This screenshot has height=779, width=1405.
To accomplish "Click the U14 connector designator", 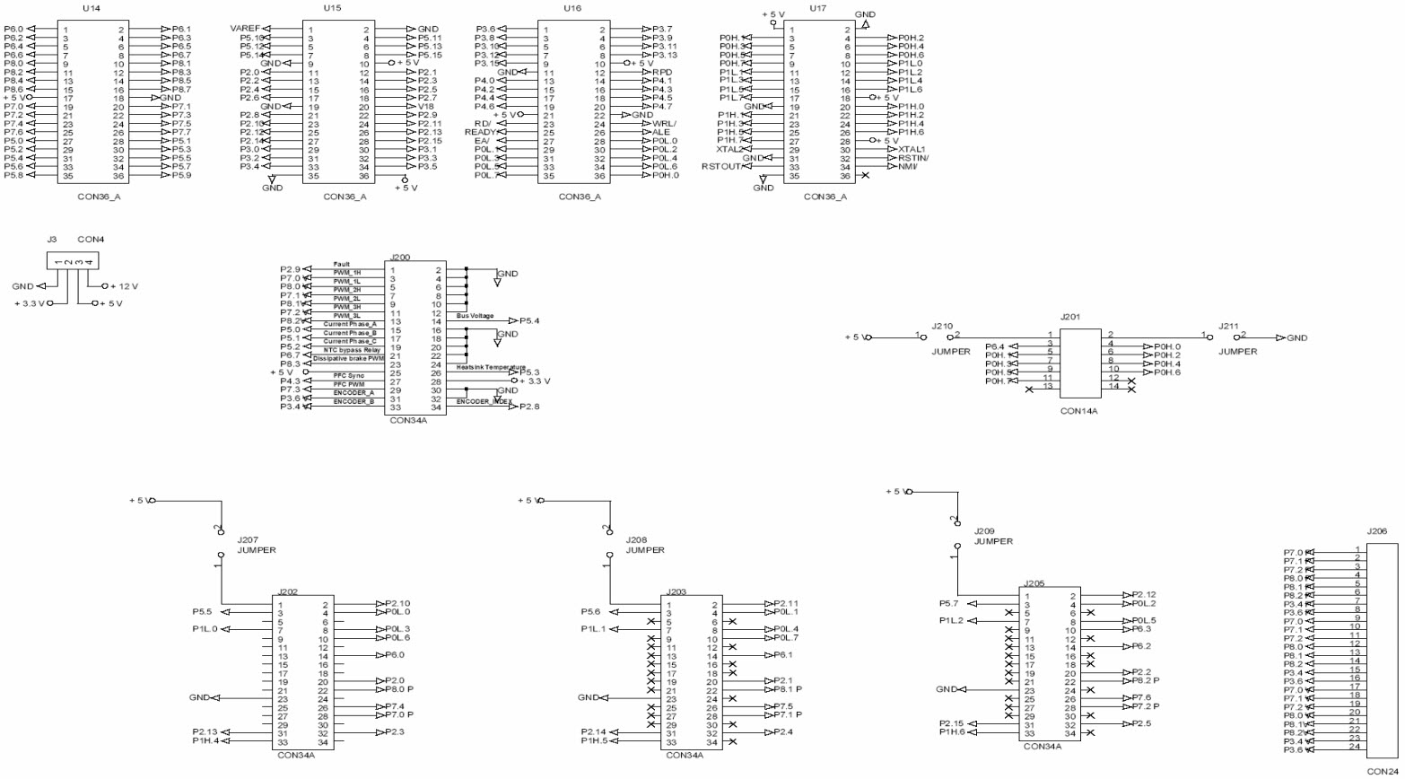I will [90, 7].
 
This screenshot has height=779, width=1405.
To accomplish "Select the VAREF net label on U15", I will [245, 30].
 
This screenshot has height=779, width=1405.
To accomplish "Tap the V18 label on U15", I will [427, 106].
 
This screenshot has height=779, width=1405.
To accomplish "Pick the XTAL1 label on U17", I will [912, 149].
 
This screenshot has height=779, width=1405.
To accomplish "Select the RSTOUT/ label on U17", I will [723, 166].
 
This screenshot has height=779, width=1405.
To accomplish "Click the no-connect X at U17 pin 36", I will [864, 176].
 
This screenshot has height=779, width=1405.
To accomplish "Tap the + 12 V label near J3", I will [127, 285].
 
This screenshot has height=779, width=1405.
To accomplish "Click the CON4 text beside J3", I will [92, 240].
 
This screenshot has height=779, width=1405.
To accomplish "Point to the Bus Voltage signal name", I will [476, 315].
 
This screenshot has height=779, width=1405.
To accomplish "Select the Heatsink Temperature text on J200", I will [490, 366].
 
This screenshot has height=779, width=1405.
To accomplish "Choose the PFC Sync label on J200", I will [348, 375].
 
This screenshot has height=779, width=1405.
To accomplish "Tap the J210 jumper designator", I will [942, 326].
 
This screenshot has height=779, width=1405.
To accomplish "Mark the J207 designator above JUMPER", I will [248, 540].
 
